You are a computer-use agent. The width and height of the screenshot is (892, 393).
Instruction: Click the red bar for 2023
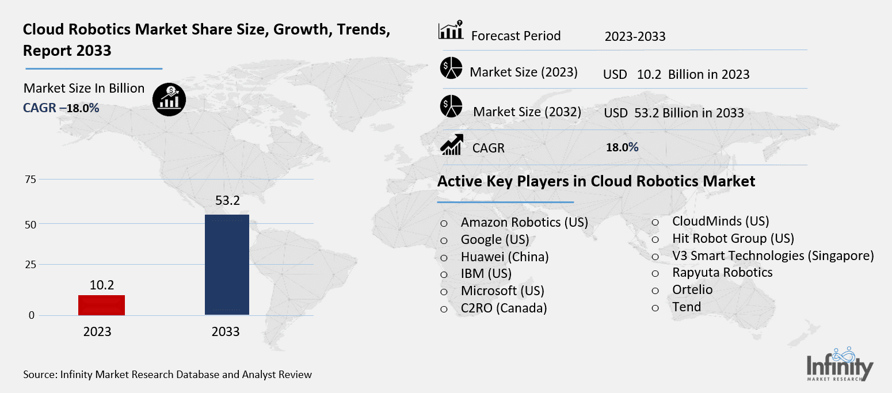click(x=101, y=305)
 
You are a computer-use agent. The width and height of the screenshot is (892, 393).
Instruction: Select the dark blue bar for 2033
click(x=227, y=265)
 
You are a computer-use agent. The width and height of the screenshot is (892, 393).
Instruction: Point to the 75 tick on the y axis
click(x=30, y=180)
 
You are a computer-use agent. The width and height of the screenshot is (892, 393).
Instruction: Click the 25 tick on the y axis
click(x=30, y=265)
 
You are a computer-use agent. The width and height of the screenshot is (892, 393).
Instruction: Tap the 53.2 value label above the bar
click(x=227, y=201)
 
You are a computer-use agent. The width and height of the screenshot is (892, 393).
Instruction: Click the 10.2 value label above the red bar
click(x=101, y=284)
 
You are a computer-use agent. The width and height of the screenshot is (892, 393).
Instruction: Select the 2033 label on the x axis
click(x=226, y=332)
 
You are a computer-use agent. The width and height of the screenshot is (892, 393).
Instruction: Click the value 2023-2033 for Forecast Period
click(x=635, y=37)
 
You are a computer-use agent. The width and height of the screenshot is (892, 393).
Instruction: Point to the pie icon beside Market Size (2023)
click(x=452, y=68)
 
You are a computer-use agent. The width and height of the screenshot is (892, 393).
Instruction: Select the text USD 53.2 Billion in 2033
click(x=674, y=113)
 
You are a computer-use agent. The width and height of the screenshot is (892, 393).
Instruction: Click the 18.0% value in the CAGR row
click(x=622, y=147)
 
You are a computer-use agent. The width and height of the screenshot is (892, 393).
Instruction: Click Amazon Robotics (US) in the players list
click(x=524, y=223)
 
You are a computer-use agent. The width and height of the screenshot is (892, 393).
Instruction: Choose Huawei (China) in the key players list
click(x=504, y=257)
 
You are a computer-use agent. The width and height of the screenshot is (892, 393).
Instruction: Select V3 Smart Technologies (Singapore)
click(x=772, y=255)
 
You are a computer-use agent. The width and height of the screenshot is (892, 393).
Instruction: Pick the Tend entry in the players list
click(x=686, y=307)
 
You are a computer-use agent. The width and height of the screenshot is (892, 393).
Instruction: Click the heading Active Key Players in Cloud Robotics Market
click(x=596, y=181)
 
